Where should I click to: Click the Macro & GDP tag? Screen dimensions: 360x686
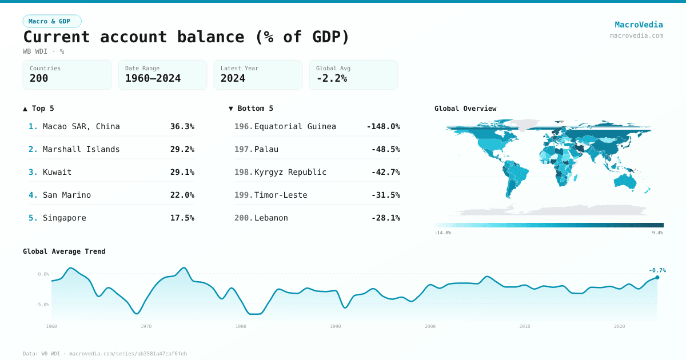point(52,21)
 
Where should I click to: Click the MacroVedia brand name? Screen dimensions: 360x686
point(639,25)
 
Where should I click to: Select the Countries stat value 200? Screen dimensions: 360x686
point(39,79)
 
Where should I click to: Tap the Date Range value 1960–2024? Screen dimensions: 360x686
point(153,79)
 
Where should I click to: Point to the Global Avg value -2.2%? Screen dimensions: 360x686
point(332,79)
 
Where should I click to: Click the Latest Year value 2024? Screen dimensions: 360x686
point(233,79)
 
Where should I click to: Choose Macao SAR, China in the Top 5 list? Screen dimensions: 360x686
point(81,126)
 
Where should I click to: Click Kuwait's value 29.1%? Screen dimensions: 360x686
point(182,172)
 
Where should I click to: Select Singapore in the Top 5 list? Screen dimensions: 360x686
point(65,218)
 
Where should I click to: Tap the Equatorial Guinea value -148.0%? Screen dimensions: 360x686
point(383,126)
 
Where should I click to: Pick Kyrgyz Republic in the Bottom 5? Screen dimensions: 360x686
point(290,172)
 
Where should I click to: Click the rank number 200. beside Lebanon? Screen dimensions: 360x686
point(244,218)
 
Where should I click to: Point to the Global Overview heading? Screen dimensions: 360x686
point(465,109)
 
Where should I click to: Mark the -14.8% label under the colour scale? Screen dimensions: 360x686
point(442,233)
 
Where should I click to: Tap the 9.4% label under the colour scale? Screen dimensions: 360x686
point(657,233)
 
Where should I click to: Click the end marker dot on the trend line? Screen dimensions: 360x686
point(657,277)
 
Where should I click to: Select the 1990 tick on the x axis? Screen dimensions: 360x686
point(336,326)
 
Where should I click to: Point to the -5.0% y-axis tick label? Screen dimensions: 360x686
point(43,305)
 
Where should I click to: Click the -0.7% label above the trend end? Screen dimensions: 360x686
point(657,270)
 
